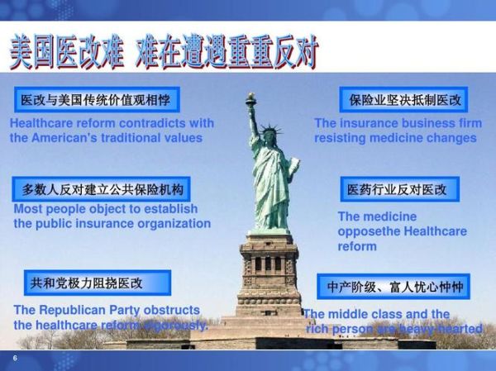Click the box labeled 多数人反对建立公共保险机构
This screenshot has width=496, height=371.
(103, 188)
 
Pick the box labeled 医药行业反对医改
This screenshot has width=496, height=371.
(398, 189)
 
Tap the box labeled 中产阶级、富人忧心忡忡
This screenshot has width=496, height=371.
(394, 287)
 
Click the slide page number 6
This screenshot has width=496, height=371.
(15, 358)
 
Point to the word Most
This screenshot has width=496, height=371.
(27, 209)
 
